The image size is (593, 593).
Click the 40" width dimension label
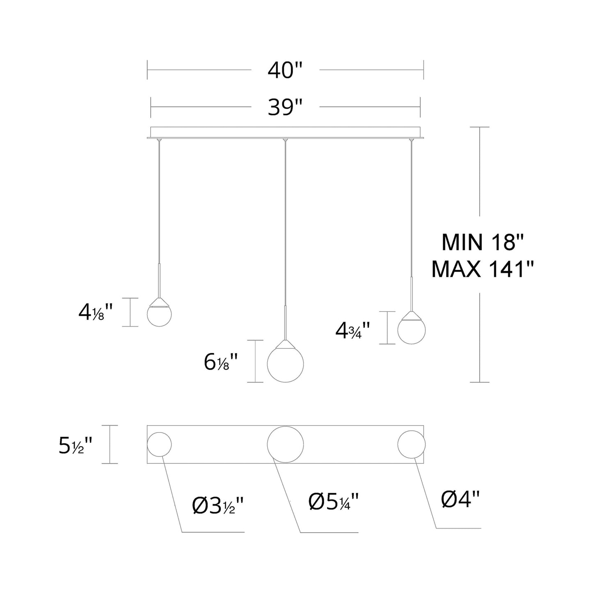(x=285, y=71)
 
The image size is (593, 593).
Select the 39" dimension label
(x=285, y=108)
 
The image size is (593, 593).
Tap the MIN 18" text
(x=482, y=242)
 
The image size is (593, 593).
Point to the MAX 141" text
(x=482, y=269)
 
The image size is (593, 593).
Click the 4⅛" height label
(x=96, y=312)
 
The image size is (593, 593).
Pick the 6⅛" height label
(x=220, y=362)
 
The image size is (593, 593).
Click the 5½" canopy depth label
(x=75, y=446)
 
